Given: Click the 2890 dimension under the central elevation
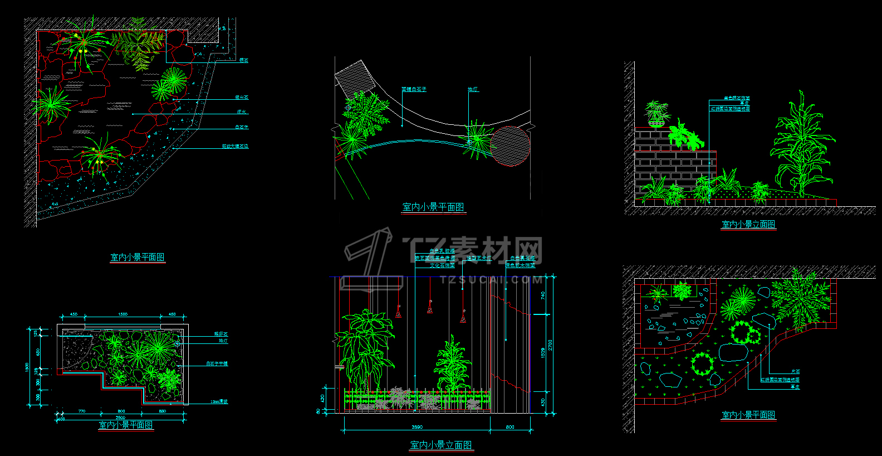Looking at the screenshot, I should tap(416, 427).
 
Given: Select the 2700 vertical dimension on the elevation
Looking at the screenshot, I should tap(550, 345).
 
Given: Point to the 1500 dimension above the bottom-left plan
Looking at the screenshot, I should tap(122, 314).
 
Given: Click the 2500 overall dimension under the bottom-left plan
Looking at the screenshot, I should tap(120, 418).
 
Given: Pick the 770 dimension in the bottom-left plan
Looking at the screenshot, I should tap(82, 411).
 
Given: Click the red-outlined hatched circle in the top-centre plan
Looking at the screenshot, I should tap(511, 146).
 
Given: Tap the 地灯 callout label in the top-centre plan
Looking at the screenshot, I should tap(473, 89).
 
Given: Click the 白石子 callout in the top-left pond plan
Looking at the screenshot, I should tap(242, 127).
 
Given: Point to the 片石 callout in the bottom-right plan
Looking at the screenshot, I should tap(795, 372).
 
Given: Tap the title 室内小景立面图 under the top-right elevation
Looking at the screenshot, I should tap(748, 225).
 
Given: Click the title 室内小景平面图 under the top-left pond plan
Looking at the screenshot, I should tap(137, 258).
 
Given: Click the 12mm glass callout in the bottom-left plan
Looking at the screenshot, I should tap(219, 401).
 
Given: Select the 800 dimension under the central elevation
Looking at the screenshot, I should tap(510, 427).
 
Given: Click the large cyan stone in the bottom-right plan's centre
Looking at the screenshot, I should tap(733, 352).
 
